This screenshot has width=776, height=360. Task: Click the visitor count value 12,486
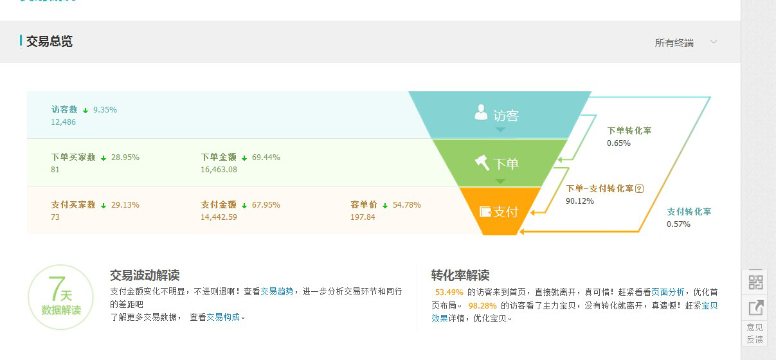[63, 122]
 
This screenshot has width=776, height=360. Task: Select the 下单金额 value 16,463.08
[219, 170]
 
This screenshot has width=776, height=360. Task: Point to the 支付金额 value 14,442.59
[219, 217]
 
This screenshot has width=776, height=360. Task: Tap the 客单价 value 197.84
[363, 217]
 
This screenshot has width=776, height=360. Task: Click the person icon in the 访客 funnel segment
[481, 113]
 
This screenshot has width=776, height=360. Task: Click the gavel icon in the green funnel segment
[482, 163]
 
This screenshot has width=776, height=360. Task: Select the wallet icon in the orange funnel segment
[485, 212]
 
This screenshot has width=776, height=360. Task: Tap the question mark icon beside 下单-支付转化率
[640, 189]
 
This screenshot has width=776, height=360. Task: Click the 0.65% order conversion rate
[618, 143]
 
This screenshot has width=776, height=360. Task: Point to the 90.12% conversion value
[580, 201]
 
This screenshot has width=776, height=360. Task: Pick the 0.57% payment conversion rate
[679, 224]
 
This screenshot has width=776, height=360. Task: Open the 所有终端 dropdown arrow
[714, 42]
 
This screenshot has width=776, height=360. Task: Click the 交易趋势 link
[277, 291]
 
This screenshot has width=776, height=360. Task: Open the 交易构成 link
[223, 317]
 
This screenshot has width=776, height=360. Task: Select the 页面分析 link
[668, 292]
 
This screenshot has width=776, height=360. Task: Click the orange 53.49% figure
[449, 292]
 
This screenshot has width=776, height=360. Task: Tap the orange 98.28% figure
[483, 305]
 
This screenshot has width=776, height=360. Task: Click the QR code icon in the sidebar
[756, 282]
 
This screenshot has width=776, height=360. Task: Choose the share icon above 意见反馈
[756, 308]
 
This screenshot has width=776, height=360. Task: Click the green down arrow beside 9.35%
[86, 111]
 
